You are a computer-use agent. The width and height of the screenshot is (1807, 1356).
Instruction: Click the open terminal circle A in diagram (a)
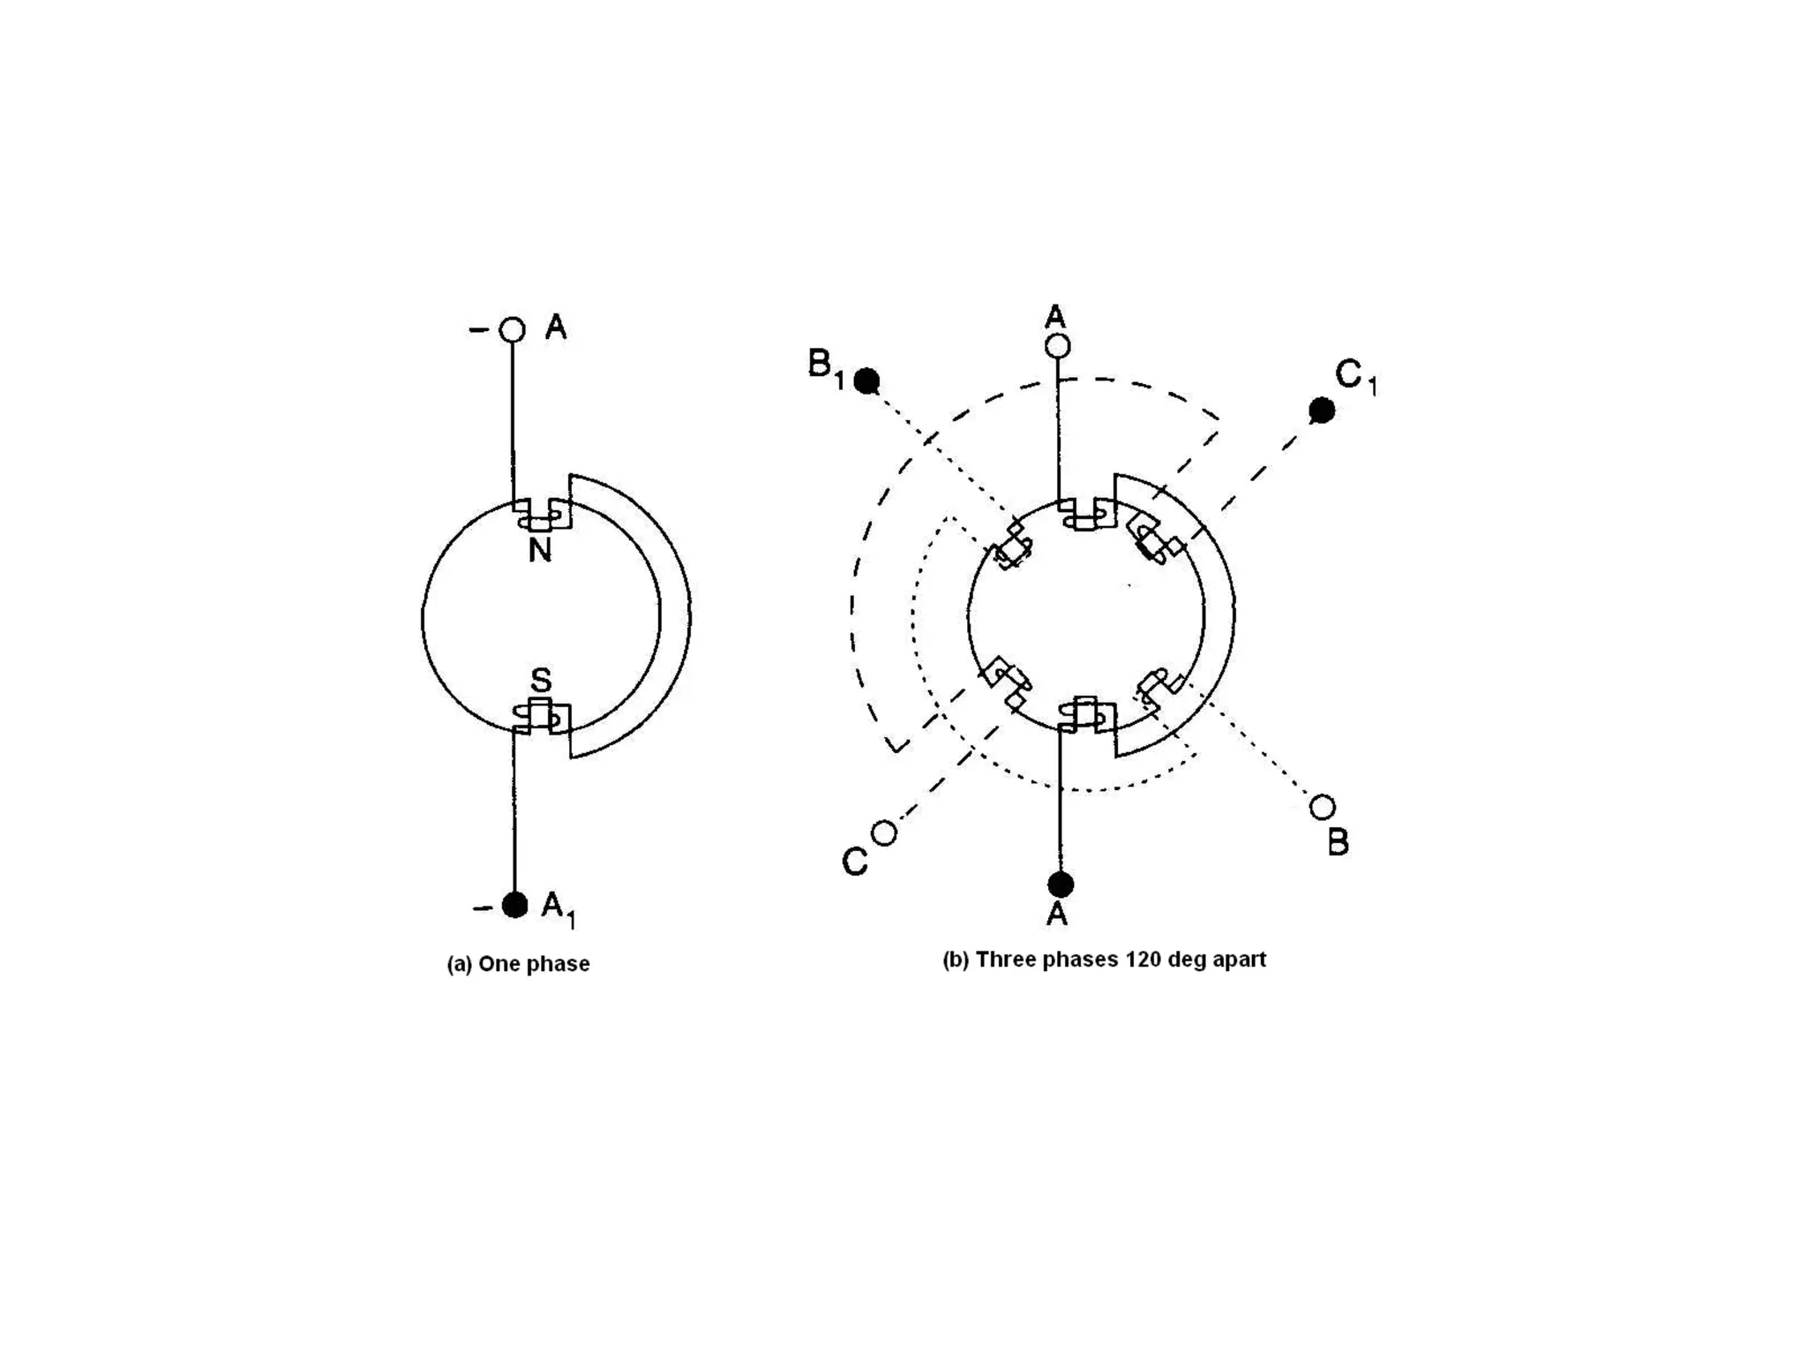(512, 330)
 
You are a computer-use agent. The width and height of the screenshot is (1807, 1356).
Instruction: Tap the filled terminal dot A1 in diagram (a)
(514, 905)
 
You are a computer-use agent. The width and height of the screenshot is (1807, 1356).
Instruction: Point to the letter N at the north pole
(540, 551)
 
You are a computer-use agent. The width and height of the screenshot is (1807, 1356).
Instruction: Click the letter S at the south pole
(541, 681)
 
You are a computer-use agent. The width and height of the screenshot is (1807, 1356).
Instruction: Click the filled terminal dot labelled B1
(867, 381)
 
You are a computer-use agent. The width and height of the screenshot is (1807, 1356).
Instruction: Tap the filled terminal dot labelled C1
(1322, 410)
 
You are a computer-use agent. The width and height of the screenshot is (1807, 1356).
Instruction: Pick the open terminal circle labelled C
(884, 832)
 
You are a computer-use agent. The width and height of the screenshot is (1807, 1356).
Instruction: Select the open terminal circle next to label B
(1322, 807)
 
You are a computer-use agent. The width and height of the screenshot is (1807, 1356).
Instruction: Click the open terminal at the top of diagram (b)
(1058, 346)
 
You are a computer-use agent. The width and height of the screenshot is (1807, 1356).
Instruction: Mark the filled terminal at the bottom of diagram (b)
(1061, 884)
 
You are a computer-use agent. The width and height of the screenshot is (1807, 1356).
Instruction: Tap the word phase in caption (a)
(559, 964)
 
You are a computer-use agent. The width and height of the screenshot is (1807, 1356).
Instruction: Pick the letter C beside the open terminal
(854, 862)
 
